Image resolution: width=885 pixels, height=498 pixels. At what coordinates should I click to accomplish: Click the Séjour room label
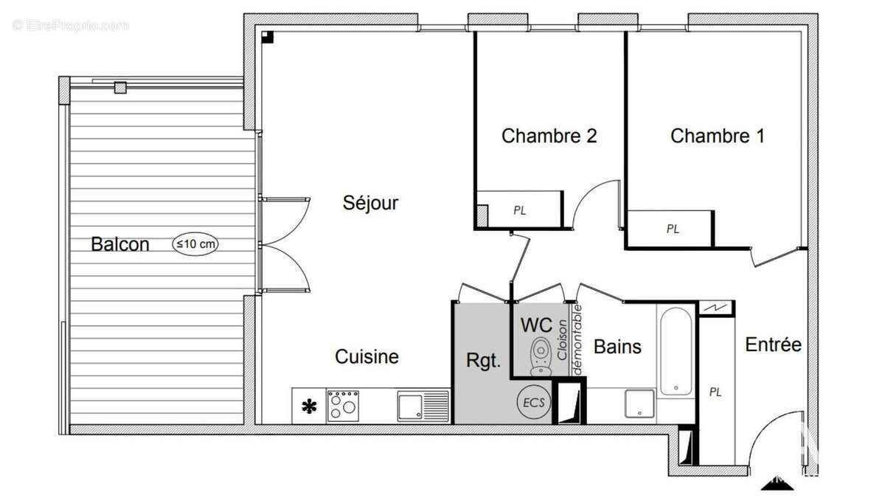pyautogui.click(x=370, y=203)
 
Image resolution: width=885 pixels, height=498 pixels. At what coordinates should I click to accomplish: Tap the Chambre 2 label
pyautogui.click(x=549, y=136)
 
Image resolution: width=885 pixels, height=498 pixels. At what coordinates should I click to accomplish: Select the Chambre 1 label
pyautogui.click(x=717, y=136)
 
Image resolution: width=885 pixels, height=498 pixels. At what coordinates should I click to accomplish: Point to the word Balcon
pyautogui.click(x=120, y=244)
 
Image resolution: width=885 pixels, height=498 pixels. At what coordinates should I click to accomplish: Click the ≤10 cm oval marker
pyautogui.click(x=195, y=243)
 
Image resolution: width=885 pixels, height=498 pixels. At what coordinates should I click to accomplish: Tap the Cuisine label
pyautogui.click(x=367, y=357)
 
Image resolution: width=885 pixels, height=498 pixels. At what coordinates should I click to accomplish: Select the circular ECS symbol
pyautogui.click(x=534, y=402)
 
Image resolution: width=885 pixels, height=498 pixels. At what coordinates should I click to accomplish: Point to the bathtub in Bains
pyautogui.click(x=676, y=353)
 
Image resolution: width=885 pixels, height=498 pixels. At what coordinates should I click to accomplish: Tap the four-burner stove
pyautogui.click(x=343, y=406)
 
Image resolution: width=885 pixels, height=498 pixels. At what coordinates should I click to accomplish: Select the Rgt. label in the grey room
pyautogui.click(x=483, y=361)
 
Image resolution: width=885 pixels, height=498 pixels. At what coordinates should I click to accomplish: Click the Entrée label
pyautogui.click(x=773, y=345)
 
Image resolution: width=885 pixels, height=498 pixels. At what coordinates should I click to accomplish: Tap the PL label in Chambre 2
pyautogui.click(x=520, y=210)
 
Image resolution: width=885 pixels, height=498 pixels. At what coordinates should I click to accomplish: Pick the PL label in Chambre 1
pyautogui.click(x=673, y=229)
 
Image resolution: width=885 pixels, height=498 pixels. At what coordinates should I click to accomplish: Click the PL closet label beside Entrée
pyautogui.click(x=715, y=392)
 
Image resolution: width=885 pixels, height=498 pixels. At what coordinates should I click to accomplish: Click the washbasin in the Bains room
pyautogui.click(x=639, y=405)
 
